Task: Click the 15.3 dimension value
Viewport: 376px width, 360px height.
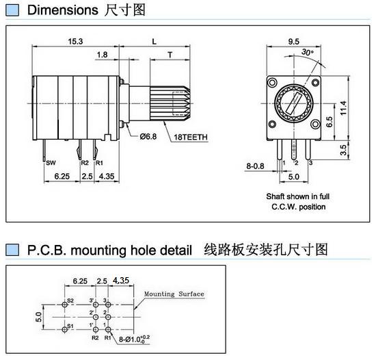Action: click(x=75, y=41)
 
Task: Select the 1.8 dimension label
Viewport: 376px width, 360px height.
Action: click(x=102, y=55)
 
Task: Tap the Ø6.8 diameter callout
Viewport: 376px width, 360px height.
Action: click(x=148, y=137)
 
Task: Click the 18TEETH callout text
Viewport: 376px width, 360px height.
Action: click(x=191, y=137)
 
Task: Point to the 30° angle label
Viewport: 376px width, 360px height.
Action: click(x=308, y=52)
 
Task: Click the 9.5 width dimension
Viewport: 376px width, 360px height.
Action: click(x=293, y=42)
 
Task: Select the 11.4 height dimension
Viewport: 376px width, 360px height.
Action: click(x=343, y=108)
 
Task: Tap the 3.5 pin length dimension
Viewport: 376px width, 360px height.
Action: click(x=343, y=150)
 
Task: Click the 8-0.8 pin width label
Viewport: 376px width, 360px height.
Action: click(x=255, y=166)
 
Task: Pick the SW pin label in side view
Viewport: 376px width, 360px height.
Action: click(x=51, y=163)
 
